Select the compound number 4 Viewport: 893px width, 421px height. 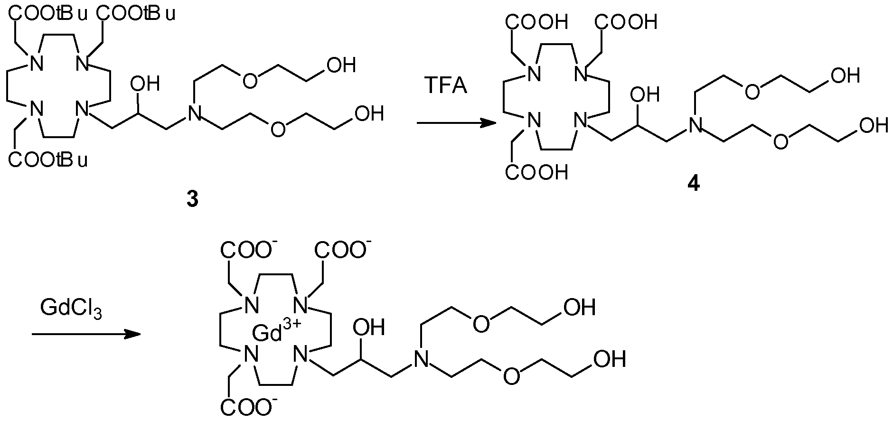click(693, 184)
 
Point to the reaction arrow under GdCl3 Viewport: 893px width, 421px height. click(86, 334)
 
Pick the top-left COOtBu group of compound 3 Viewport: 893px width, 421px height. click(47, 14)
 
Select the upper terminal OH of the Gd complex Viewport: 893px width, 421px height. click(579, 308)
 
